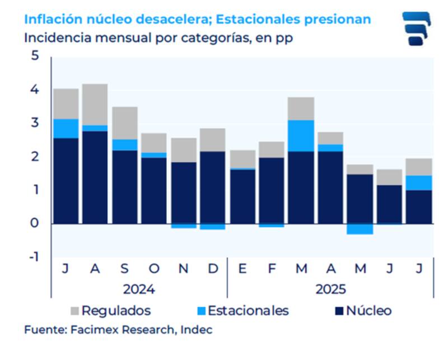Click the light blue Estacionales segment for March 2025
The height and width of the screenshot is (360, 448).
pos(301,135)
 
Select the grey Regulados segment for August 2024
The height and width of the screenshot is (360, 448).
pos(95,105)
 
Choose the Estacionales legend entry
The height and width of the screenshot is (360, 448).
pos(243,311)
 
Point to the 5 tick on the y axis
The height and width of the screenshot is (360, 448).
pos(35,57)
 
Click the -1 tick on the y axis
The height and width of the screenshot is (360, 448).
pos(33,257)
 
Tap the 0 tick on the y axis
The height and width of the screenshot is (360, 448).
pos(35,223)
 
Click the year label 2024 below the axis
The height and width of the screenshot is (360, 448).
pos(139,289)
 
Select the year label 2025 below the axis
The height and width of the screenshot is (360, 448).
pos(330,289)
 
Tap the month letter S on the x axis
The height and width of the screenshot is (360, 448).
pos(124,269)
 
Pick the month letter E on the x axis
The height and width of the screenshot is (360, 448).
pos(242,269)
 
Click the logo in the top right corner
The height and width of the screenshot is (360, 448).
pos(416,28)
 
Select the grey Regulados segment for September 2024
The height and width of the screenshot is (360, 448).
pos(124,123)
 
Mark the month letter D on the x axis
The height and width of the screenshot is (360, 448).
pos(213,269)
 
